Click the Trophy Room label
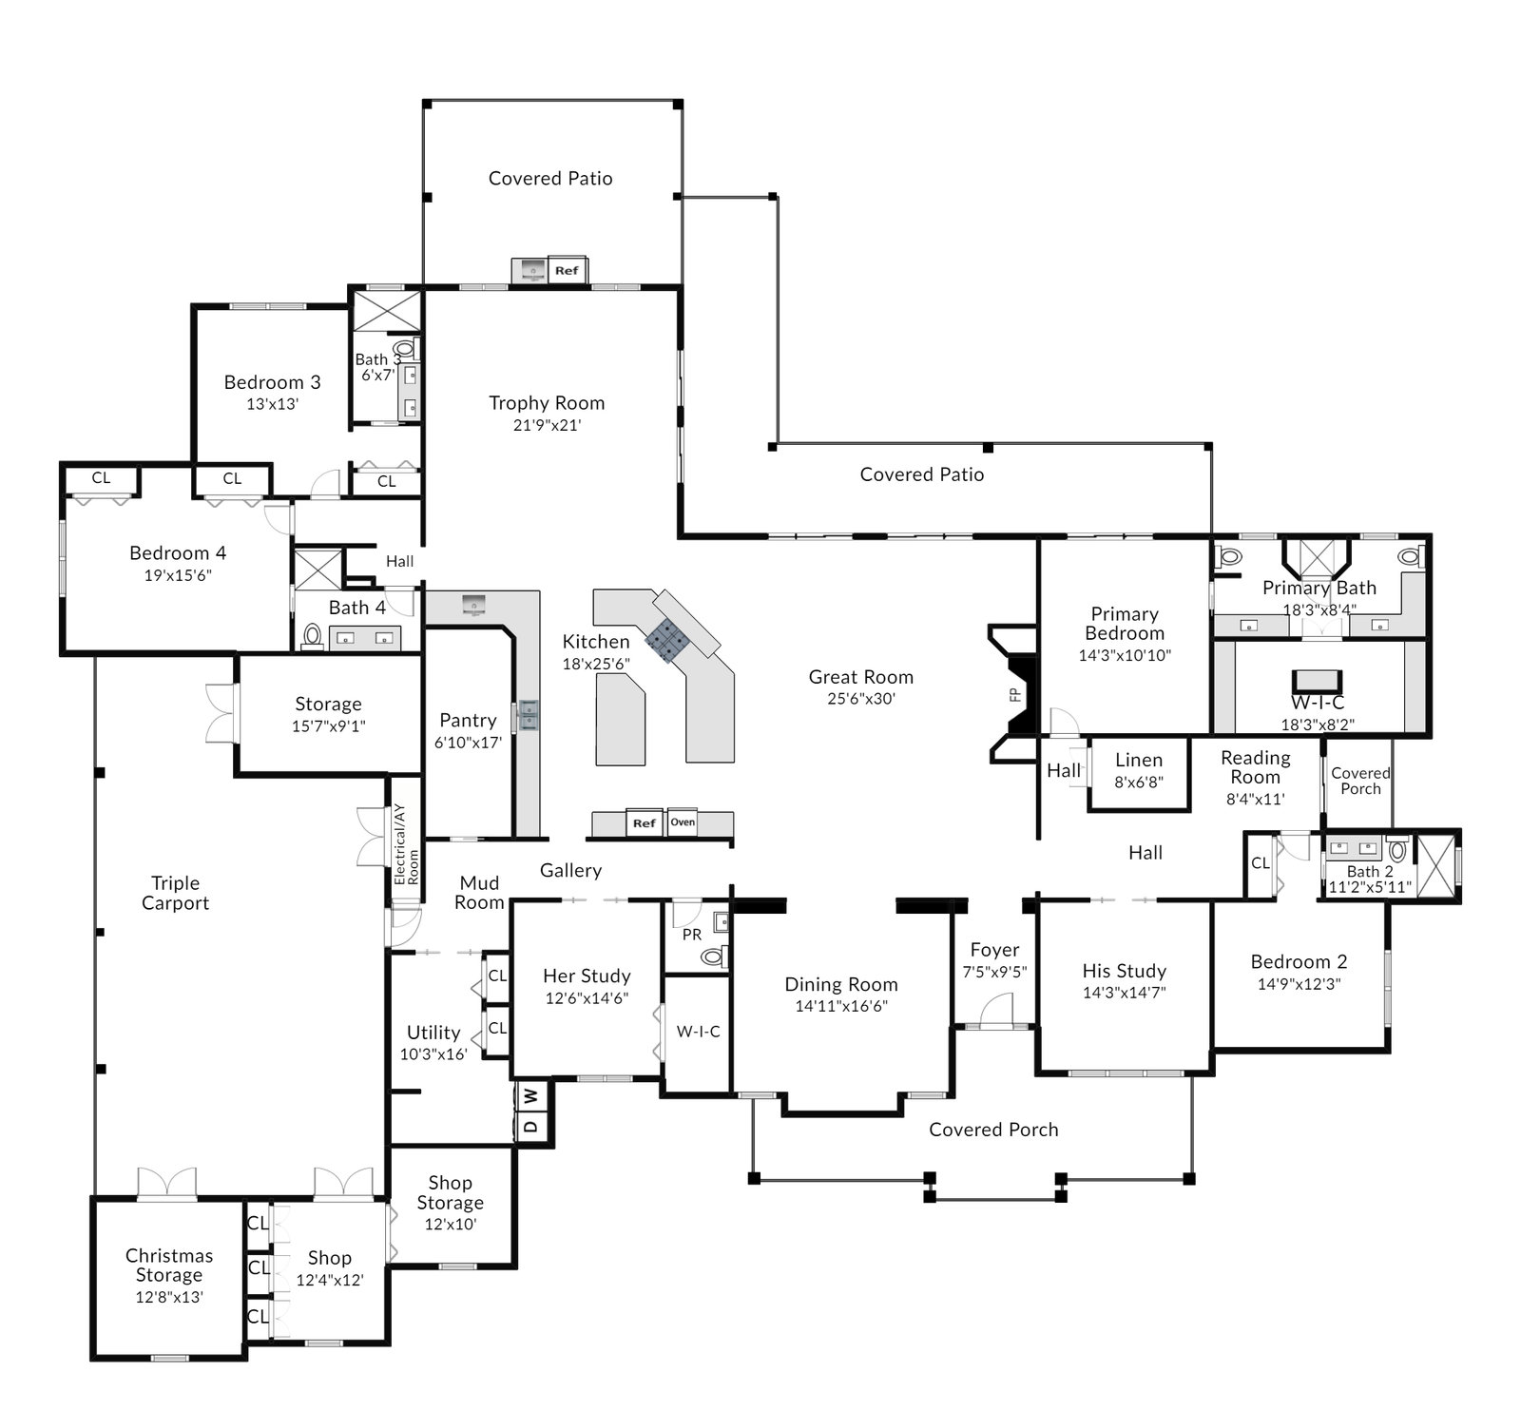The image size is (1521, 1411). coord(547,403)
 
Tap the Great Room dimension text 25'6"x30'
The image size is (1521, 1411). coord(860,699)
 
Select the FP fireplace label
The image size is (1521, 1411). coord(1015,695)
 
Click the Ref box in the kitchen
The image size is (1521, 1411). coord(645,823)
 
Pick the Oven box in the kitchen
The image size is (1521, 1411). coord(683,822)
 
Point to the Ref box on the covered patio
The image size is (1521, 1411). coord(567,270)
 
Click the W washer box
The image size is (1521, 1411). coord(531,1096)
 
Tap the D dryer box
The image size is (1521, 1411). coord(531,1128)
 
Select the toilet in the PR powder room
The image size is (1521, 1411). coord(714,957)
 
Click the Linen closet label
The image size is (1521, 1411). coord(1139,761)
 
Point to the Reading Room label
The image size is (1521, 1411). coord(1255,767)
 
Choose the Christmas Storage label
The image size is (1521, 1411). coord(169,1266)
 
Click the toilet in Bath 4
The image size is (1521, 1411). coord(312,636)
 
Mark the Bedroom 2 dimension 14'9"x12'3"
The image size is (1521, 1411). coord(1299,984)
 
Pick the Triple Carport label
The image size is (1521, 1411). coord(175,894)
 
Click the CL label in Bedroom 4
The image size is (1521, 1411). coord(101,478)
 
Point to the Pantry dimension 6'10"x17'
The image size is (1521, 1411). coord(468,743)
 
